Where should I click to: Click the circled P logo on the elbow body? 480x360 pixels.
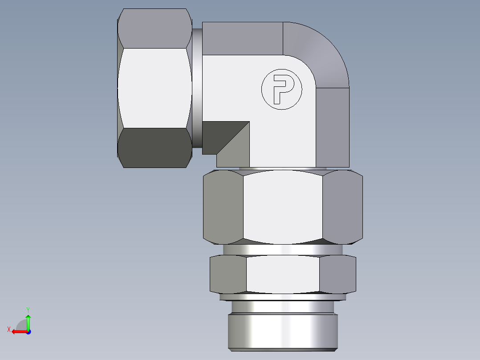click(x=281, y=90)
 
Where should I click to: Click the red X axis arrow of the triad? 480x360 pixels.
click(x=18, y=331)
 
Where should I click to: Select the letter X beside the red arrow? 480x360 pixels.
click(x=8, y=329)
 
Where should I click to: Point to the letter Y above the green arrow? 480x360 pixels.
click(x=28, y=309)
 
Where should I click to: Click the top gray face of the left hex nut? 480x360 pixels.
click(x=155, y=28)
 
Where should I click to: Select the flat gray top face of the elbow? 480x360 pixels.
click(x=243, y=38)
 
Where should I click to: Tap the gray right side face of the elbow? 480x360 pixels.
click(x=333, y=127)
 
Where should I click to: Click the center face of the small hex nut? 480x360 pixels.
click(x=283, y=274)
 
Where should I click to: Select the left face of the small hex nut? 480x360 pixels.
click(x=228, y=274)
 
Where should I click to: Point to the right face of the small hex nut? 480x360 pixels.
click(x=338, y=274)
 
